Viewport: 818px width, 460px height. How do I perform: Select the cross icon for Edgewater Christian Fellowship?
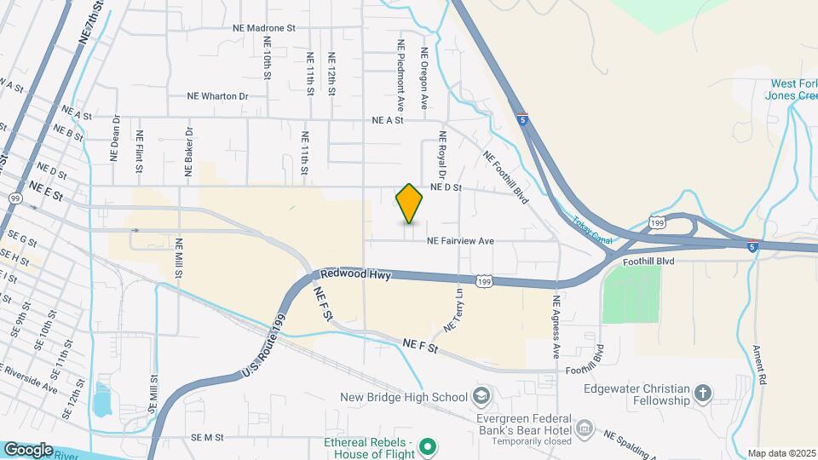click(x=702, y=394)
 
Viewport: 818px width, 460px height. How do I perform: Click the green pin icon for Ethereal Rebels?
click(x=429, y=446)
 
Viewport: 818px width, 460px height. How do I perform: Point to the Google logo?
click(x=28, y=449)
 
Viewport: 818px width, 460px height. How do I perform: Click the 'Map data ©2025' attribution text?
click(x=781, y=453)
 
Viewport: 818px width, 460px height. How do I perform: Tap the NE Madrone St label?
click(x=263, y=28)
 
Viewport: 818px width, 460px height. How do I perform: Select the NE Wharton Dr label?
click(x=217, y=97)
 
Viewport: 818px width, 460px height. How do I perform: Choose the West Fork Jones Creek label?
click(x=794, y=90)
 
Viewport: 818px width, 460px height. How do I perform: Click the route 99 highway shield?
click(x=15, y=198)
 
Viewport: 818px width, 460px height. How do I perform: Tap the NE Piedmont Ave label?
click(x=400, y=74)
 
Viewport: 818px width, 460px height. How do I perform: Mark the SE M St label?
click(x=207, y=438)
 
